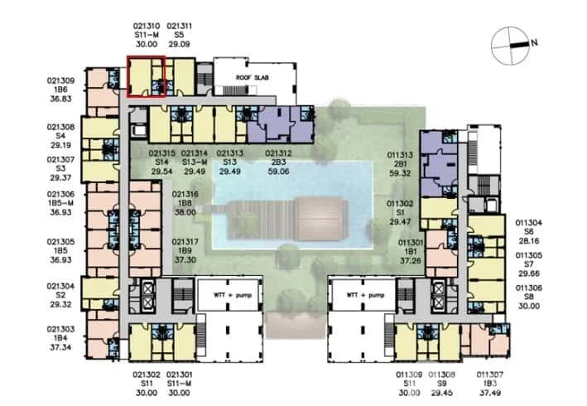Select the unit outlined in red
tap(146, 76)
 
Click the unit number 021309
tap(61, 81)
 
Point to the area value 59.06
tap(277, 172)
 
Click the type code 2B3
tap(277, 162)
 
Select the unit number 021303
tap(61, 330)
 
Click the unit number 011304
tap(529, 222)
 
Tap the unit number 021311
tap(181, 26)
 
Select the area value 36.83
tap(61, 99)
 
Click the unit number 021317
tap(185, 241)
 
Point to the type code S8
tap(529, 297)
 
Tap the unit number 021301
tap(181, 375)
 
